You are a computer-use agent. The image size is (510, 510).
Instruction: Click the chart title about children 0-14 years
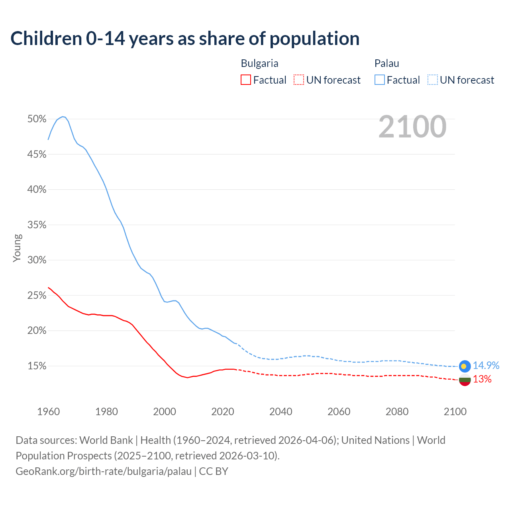point(185,39)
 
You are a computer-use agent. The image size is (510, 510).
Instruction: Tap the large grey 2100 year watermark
point(412,127)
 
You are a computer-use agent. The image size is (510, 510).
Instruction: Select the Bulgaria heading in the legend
point(259,63)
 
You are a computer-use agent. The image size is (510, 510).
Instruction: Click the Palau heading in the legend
point(386,63)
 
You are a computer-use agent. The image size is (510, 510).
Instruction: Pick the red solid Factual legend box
point(246,80)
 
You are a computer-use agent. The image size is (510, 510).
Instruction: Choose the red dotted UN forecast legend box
point(299,80)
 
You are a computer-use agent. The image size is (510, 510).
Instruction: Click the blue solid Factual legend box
point(380,80)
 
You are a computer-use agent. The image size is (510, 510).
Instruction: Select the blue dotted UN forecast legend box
point(432,80)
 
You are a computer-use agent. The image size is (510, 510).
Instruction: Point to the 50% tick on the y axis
point(37,119)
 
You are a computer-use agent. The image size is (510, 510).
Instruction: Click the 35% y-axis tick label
point(37,225)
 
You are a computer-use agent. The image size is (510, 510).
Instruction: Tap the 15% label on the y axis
point(37,366)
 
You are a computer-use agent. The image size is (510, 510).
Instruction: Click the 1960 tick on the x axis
point(48,412)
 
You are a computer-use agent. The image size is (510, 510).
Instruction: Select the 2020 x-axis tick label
point(222,412)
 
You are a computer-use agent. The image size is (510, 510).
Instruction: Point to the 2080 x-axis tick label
point(397,412)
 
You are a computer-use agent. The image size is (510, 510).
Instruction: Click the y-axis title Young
point(17,248)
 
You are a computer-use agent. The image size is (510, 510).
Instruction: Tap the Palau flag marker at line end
point(465,366)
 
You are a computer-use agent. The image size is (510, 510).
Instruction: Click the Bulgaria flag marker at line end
point(465,380)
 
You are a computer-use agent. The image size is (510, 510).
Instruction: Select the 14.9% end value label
point(486,366)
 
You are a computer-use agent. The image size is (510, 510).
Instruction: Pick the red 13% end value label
point(482,379)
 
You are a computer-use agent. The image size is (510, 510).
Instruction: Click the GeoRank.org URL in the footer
point(104,471)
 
